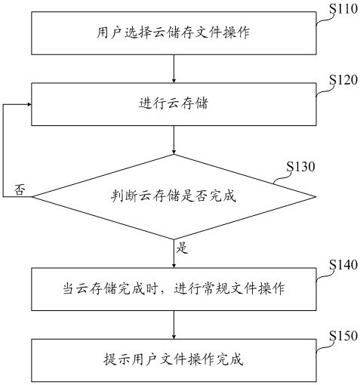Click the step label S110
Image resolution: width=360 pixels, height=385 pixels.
pos(343,9)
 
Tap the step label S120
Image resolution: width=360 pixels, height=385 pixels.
pos(343,80)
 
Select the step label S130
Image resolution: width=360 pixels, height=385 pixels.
pos(300,167)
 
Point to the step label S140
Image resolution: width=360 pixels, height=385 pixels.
pos(343,265)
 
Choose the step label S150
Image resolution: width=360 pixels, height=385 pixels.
pos(343,336)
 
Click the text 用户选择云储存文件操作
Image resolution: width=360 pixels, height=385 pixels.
pos(174,32)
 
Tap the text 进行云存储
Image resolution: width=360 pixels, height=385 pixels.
pos(174,103)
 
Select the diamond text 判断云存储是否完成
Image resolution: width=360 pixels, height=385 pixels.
pos(174,196)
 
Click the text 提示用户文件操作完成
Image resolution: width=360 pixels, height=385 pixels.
pos(174,359)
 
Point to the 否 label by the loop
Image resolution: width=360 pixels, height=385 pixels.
pos(20,189)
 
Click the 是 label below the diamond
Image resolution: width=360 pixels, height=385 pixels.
pos(182,248)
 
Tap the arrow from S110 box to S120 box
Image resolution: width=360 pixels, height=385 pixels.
pos(174,69)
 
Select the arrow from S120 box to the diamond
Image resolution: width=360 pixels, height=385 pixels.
pos(174,140)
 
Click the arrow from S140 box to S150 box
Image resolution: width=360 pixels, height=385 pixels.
pos(174,325)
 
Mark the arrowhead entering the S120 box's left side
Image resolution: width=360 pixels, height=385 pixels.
pos(29,104)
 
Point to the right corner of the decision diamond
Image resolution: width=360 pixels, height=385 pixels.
pos(315,196)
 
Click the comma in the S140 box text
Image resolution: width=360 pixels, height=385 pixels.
pos(165,292)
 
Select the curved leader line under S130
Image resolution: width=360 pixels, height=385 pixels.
pos(283,177)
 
